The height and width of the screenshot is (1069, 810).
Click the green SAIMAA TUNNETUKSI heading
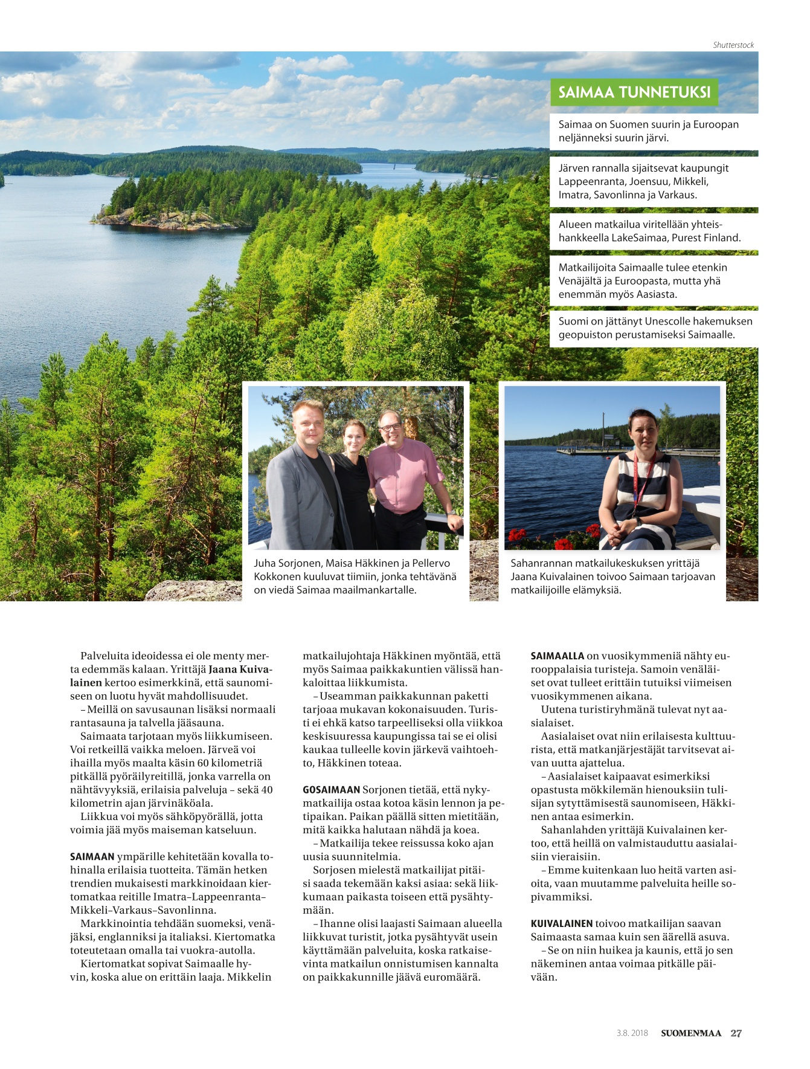tap(634, 92)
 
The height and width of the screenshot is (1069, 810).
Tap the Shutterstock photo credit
tap(733, 45)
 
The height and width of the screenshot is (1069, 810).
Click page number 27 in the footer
tap(736, 1033)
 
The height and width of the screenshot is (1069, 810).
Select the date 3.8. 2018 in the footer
tap(632, 1033)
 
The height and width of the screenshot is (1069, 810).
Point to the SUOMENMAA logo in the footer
tap(690, 1033)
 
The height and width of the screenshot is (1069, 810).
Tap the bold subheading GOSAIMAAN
tap(331, 790)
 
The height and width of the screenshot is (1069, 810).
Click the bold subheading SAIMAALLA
tap(557, 656)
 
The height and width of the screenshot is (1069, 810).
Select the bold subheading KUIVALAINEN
tap(561, 923)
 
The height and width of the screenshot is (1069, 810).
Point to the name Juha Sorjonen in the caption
tap(287, 563)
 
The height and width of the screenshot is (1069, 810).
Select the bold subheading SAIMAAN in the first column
tap(92, 857)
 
